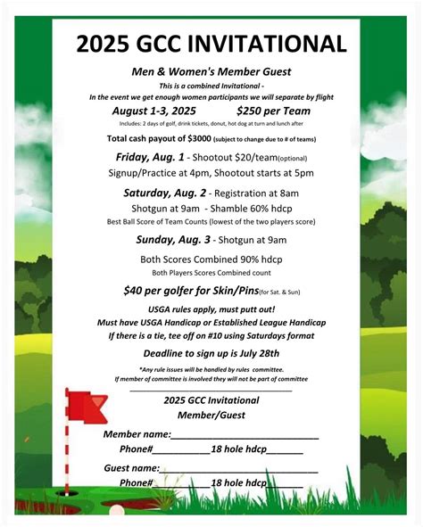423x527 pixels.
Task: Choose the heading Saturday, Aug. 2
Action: tap(166, 192)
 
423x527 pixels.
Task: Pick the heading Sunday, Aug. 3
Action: tap(174, 239)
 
